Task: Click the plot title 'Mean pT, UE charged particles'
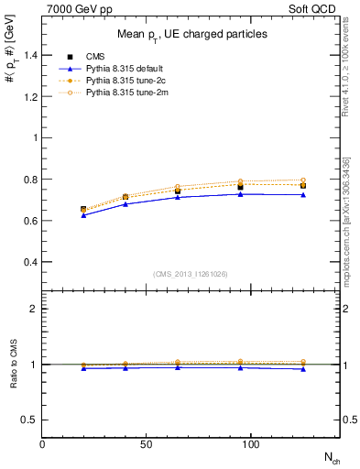point(192,34)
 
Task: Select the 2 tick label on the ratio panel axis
point(34,309)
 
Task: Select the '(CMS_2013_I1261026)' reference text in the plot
point(191,274)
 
